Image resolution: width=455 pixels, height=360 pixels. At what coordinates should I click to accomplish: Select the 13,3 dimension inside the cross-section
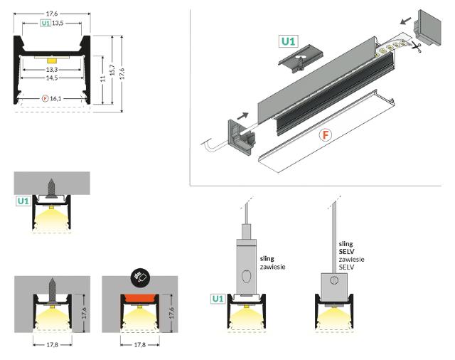pyautogui.click(x=51, y=70)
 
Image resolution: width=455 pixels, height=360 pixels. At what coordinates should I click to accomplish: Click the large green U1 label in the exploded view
pyautogui.click(x=287, y=41)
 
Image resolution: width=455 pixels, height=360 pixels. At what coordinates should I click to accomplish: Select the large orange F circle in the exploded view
pyautogui.click(x=326, y=134)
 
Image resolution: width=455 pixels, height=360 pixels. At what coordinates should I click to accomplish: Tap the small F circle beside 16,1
pyautogui.click(x=45, y=97)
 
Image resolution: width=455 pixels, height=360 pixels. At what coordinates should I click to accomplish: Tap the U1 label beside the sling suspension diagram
pyautogui.click(x=218, y=300)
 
